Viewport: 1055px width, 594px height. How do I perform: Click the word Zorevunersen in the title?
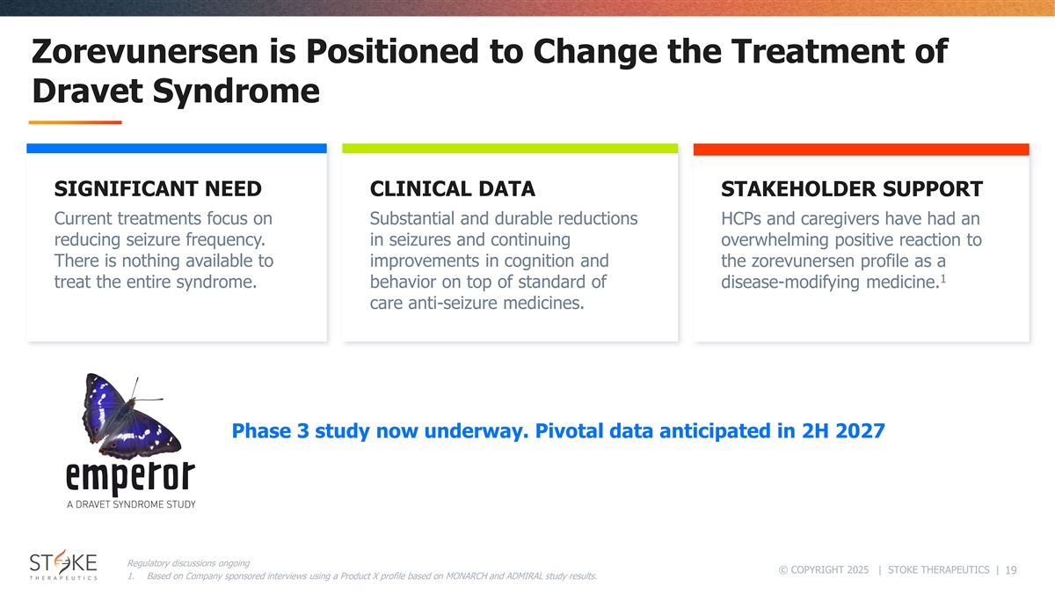click(145, 51)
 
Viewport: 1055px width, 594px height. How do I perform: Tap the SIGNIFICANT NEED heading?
click(157, 189)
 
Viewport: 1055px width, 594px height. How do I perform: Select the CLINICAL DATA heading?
click(452, 189)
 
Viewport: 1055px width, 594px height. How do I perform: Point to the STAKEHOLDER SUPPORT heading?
click(852, 189)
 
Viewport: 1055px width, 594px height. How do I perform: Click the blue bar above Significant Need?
click(177, 149)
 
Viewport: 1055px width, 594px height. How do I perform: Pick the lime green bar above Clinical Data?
click(510, 149)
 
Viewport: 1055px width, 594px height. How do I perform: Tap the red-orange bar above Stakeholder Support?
click(862, 150)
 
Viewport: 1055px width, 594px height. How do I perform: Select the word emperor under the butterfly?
click(130, 477)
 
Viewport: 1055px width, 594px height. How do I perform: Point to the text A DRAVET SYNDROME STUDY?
click(131, 504)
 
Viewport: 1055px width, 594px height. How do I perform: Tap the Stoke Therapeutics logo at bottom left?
click(63, 565)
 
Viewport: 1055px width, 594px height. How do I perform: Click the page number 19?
click(1011, 570)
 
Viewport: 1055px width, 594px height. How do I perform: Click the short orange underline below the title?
click(76, 122)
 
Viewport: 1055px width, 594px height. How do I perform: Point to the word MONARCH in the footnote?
click(466, 576)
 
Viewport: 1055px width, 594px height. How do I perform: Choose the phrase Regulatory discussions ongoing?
click(188, 563)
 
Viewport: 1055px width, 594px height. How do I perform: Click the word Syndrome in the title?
click(236, 92)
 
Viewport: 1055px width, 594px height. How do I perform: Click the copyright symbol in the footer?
click(783, 570)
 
